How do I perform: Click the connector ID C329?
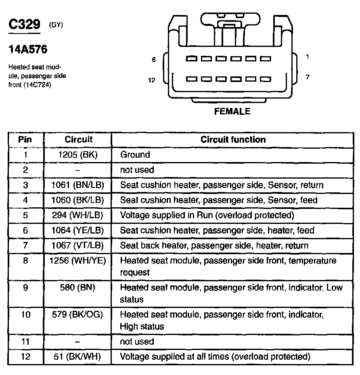pyautogui.click(x=24, y=25)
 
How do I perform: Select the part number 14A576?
pyautogui.click(x=28, y=50)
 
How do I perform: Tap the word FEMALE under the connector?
pyautogui.click(x=232, y=111)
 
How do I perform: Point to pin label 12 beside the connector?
pyautogui.click(x=152, y=80)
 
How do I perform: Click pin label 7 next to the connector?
pyautogui.click(x=308, y=77)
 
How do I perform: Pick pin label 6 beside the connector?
pyautogui.click(x=153, y=60)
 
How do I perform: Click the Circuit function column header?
pyautogui.click(x=233, y=140)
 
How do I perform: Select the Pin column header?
pyautogui.click(x=25, y=140)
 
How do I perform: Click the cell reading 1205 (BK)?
pyautogui.click(x=78, y=155)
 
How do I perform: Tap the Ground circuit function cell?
pyautogui.click(x=135, y=155)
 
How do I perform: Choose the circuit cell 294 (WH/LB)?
pyautogui.click(x=78, y=215)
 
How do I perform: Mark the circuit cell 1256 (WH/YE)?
pyautogui.click(x=77, y=261)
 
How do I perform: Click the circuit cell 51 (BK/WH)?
pyautogui.click(x=78, y=357)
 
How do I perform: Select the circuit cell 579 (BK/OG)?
pyautogui.click(x=78, y=314)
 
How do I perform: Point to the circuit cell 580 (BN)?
pyautogui.click(x=78, y=288)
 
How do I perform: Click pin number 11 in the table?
pyautogui.click(x=25, y=341)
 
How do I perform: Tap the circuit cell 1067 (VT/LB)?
pyautogui.click(x=78, y=246)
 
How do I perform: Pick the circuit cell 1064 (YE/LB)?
pyautogui.click(x=78, y=230)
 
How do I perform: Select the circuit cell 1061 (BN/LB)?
pyautogui.click(x=78, y=185)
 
